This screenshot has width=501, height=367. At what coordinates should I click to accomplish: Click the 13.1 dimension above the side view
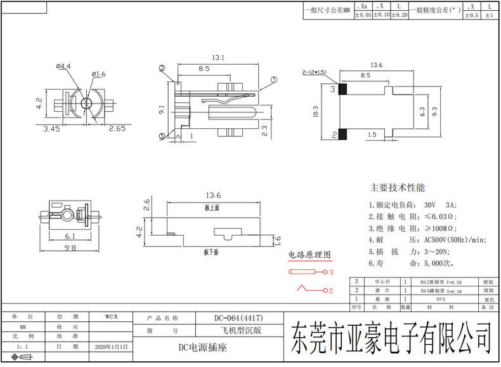tap(218, 58)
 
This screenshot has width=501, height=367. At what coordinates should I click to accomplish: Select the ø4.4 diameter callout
tap(63, 65)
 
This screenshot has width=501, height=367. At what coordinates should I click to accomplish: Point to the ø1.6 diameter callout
tap(99, 74)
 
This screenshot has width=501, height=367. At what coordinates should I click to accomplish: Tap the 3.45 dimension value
tap(51, 129)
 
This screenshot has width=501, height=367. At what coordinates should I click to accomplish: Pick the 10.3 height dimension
tap(316, 112)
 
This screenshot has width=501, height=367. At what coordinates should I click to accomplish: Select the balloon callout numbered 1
tap(273, 80)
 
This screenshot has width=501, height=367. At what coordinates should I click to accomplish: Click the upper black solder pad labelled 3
tap(343, 90)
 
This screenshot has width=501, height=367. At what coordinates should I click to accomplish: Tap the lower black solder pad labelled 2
tap(343, 134)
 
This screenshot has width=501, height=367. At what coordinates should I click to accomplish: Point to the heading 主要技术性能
tap(398, 188)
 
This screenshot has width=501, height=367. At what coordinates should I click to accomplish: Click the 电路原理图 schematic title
tap(309, 255)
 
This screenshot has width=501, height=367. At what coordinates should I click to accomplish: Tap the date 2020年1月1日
tap(111, 347)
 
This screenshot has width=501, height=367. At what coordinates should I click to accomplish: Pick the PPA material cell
tap(439, 298)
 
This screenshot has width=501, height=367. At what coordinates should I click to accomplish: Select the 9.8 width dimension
tap(70, 248)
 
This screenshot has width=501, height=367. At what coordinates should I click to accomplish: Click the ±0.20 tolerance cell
tap(398, 15)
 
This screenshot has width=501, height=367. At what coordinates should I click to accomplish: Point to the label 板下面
tap(211, 252)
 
